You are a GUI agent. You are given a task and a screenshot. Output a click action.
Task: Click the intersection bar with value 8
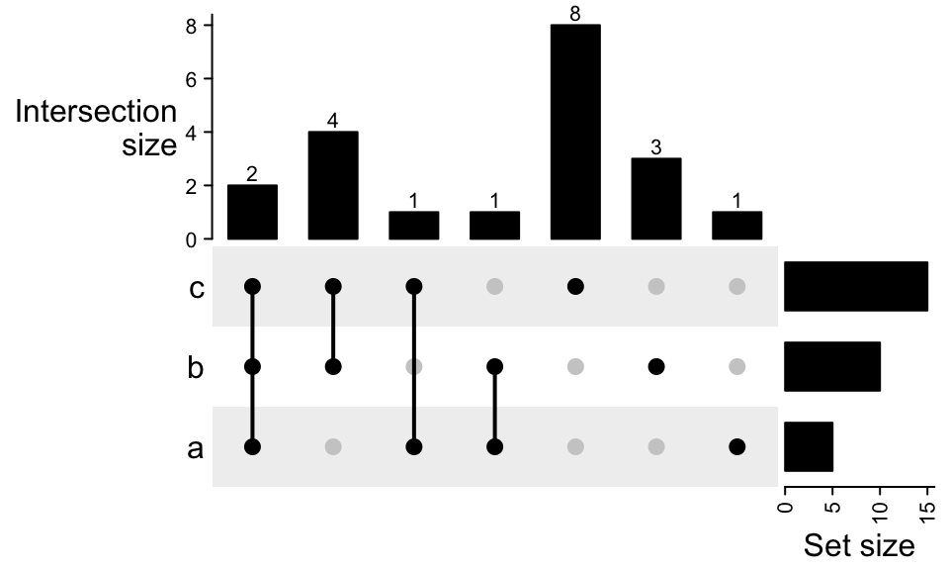575,132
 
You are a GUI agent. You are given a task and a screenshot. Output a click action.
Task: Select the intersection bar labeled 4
333,185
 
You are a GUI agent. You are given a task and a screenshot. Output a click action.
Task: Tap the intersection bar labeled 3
655,198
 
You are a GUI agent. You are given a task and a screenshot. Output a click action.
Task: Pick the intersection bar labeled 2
252,212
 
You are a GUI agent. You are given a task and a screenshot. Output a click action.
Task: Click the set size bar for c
856,286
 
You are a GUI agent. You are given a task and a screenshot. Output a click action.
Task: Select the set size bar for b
832,366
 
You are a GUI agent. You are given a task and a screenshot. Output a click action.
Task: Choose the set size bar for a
809,446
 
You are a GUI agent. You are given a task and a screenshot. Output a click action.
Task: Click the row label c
196,288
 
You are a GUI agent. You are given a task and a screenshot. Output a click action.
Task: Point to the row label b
196,367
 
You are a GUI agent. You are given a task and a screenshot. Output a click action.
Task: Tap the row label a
196,448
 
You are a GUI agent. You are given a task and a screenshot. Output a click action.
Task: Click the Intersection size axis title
97,129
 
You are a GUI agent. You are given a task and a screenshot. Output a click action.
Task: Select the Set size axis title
859,545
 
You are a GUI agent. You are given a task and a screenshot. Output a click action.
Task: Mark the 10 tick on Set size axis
880,510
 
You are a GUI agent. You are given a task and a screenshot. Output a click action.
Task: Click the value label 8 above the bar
575,13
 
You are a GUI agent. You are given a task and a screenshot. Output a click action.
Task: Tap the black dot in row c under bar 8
575,286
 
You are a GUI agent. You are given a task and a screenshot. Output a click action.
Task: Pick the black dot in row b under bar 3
655,366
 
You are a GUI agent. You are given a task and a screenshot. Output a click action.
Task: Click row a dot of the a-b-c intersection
252,446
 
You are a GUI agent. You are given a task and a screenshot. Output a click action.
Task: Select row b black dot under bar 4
333,366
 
